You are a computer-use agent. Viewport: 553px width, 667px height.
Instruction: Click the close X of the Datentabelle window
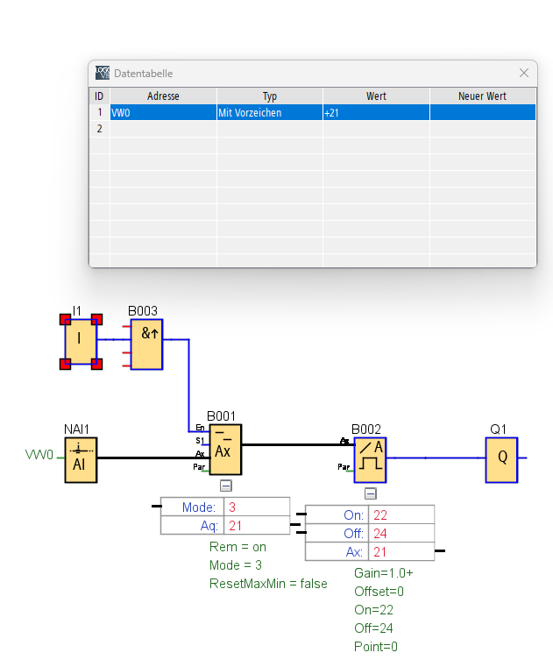pyautogui.click(x=524, y=74)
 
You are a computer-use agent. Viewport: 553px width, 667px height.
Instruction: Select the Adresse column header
pyautogui.click(x=163, y=96)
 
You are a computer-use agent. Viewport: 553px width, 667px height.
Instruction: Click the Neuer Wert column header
pyautogui.click(x=482, y=96)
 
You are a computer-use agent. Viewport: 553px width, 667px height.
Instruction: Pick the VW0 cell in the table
pyautogui.click(x=163, y=113)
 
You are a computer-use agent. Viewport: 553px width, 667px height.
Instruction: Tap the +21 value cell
pyautogui.click(x=375, y=113)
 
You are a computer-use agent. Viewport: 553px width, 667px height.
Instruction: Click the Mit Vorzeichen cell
pyautogui.click(x=269, y=113)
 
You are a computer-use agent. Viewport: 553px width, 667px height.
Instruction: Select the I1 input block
pyautogui.click(x=81, y=340)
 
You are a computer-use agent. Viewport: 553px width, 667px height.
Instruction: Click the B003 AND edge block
pyautogui.click(x=146, y=344)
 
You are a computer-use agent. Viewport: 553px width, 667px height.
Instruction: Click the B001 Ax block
pyautogui.click(x=225, y=449)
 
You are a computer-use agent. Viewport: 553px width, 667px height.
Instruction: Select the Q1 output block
pyautogui.click(x=501, y=459)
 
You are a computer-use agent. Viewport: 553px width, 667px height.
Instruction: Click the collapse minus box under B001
pyautogui.click(x=225, y=485)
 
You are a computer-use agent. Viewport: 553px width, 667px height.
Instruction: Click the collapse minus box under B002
pyautogui.click(x=370, y=493)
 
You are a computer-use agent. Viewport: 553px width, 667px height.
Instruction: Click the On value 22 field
pyautogui.click(x=401, y=514)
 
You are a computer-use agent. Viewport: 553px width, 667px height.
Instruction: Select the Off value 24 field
pyautogui.click(x=401, y=533)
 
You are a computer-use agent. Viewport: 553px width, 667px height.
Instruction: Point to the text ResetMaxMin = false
pyautogui.click(x=268, y=584)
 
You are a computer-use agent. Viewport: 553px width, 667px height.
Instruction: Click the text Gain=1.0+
pyautogui.click(x=383, y=572)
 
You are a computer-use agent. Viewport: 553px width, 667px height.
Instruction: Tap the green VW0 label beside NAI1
pyautogui.click(x=39, y=455)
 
